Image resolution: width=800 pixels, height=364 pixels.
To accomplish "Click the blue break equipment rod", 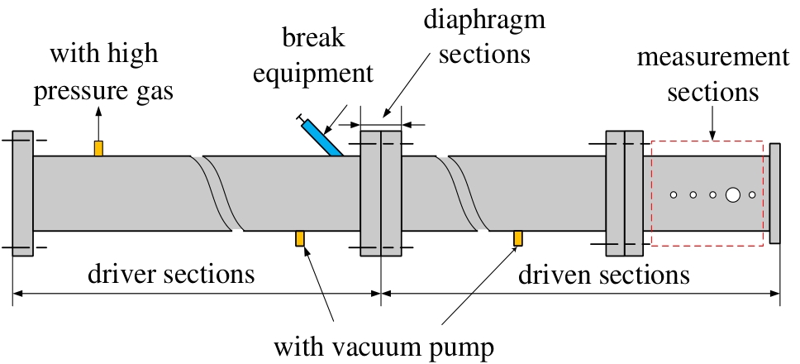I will point(322,138).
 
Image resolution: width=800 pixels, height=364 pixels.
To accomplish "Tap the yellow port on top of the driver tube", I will point(98,148).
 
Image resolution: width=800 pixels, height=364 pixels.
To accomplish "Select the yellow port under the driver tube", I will point(301,238).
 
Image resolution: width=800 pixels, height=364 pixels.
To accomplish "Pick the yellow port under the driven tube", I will point(518,238).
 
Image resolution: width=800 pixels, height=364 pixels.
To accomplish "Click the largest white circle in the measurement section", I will point(732,195).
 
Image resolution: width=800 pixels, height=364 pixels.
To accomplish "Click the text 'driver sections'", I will point(171,274).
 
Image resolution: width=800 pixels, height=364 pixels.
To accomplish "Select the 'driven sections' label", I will point(603,274).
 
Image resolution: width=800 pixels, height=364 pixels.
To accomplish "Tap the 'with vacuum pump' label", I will point(383,345).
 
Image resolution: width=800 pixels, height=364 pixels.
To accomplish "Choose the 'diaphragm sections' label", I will point(485,38).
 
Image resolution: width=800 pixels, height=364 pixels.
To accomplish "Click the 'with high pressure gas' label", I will point(103,73).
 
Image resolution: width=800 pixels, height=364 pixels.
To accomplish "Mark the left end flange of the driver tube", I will point(22,193).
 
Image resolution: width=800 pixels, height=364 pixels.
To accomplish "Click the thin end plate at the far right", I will point(774,194).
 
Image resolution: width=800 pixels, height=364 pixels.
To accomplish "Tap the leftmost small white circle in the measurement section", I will point(674,195).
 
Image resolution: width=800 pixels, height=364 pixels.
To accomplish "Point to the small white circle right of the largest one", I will point(752,195).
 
